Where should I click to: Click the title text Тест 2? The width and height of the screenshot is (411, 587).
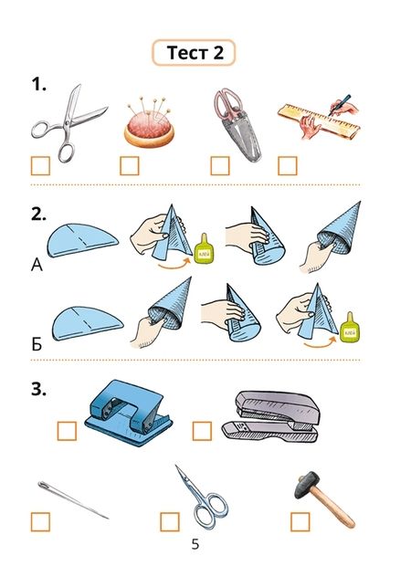coord(195,52)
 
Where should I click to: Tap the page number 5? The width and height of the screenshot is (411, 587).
coord(195,544)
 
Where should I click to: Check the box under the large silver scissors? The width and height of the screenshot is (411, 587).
coord(40,166)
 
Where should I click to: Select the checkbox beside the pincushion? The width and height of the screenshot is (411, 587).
coord(130,166)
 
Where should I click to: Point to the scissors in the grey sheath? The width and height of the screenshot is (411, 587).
coord(237,124)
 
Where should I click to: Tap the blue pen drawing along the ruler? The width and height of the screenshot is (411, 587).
coord(340,104)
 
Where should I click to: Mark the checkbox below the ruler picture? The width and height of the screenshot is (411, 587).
coord(288,166)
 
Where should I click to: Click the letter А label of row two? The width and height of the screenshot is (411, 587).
coord(37,265)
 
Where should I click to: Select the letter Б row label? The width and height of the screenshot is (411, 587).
coord(37,344)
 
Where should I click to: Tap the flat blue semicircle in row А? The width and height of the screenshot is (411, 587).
coord(82,240)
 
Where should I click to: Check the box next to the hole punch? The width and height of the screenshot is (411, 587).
coord(67,431)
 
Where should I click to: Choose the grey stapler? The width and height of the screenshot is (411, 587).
coord(270,415)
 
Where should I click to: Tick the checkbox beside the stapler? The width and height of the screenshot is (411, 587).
coord(202,431)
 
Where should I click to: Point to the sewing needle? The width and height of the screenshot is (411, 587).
coord(72,499)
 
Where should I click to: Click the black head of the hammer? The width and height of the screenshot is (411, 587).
coord(308,485)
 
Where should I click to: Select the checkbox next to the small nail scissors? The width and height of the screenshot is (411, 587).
coord(170,522)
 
